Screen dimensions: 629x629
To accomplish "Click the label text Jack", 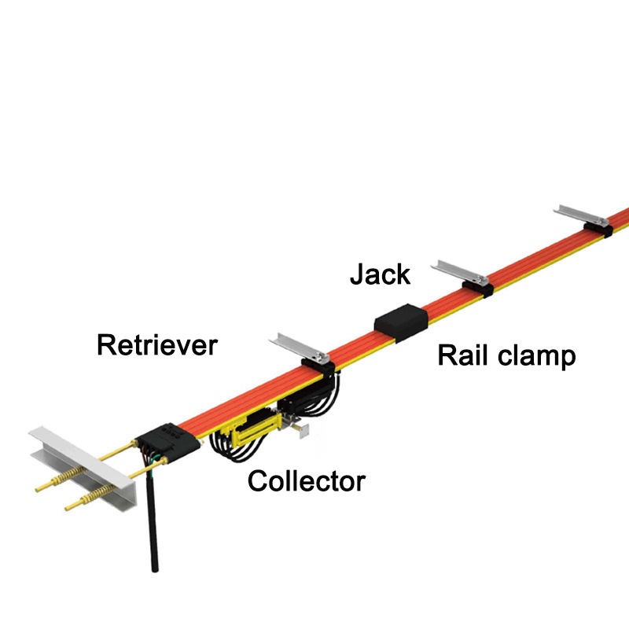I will click(380, 274).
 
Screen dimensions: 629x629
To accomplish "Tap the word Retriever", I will click(156, 344).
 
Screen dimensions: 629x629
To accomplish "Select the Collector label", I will click(307, 480).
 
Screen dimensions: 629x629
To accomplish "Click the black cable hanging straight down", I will click(151, 527).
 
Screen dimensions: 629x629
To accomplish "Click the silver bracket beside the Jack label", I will click(461, 271).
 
